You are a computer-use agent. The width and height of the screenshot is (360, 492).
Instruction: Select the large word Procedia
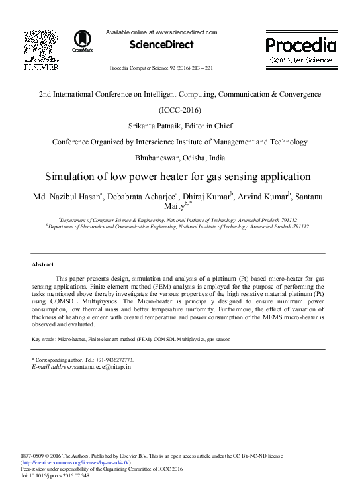(300, 45)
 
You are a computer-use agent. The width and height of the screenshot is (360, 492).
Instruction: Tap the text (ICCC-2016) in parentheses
(180, 110)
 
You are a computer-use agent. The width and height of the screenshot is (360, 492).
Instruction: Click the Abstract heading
(43, 264)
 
